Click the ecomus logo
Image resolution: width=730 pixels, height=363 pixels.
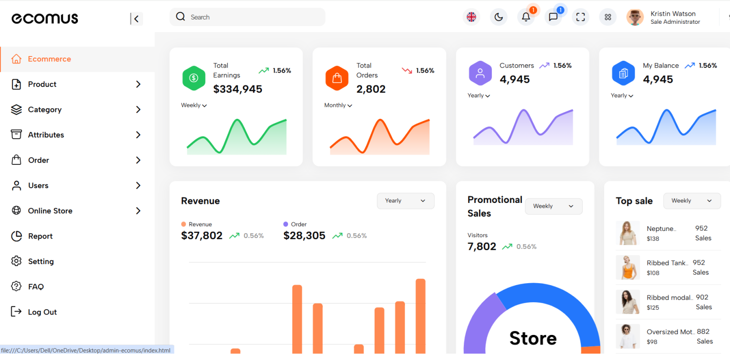[x=45, y=19]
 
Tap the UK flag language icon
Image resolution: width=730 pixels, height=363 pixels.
[x=471, y=17]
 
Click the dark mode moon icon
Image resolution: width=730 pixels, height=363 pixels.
[x=499, y=17]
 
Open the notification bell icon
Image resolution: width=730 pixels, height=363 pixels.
[x=526, y=17]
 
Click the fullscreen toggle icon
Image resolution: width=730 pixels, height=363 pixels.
[x=580, y=17]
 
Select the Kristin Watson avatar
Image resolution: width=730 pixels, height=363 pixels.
[x=635, y=17]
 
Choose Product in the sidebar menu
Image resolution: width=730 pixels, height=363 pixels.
[x=42, y=84]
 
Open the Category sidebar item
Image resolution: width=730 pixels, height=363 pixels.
[x=45, y=110]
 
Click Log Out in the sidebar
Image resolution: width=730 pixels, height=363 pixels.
[x=42, y=312]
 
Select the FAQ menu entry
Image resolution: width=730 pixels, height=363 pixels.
[x=36, y=287]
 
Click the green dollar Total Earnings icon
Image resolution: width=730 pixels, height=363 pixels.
[x=194, y=78]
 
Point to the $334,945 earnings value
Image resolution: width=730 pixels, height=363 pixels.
[x=238, y=89]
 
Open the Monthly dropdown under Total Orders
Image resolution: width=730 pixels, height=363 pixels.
[x=338, y=105]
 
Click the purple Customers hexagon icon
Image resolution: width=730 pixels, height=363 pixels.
[x=480, y=73]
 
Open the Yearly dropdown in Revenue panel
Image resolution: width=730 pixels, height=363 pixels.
[x=405, y=201]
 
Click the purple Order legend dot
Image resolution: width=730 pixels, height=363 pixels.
[x=286, y=224]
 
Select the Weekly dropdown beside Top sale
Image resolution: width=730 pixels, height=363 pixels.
[x=692, y=201]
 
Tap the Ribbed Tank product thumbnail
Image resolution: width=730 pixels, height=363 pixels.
[x=627, y=267]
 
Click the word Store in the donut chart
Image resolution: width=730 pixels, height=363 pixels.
[x=533, y=338]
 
